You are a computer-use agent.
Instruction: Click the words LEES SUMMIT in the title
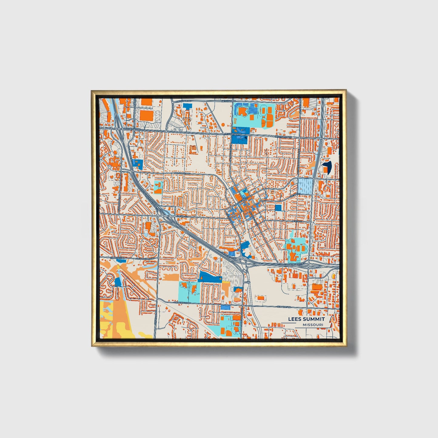(x=306, y=319)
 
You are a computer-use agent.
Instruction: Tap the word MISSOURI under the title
(x=313, y=325)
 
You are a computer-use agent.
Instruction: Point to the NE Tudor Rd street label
(x=229, y=101)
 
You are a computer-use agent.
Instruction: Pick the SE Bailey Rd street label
(x=284, y=307)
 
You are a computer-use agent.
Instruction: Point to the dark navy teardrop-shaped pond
(x=327, y=166)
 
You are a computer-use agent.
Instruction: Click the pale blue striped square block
(x=305, y=186)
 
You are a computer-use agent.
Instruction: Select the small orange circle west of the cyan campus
(x=223, y=124)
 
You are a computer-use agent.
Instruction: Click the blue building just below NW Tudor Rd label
(x=188, y=106)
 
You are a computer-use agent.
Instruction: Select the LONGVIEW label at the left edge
(x=115, y=258)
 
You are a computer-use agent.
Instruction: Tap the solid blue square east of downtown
(x=278, y=208)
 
